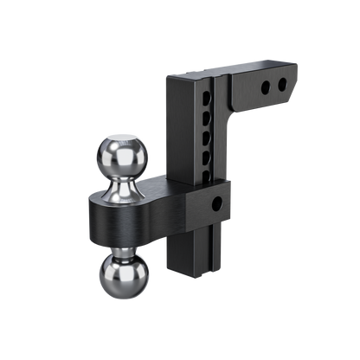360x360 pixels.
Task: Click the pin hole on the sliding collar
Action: pos(216,204)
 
